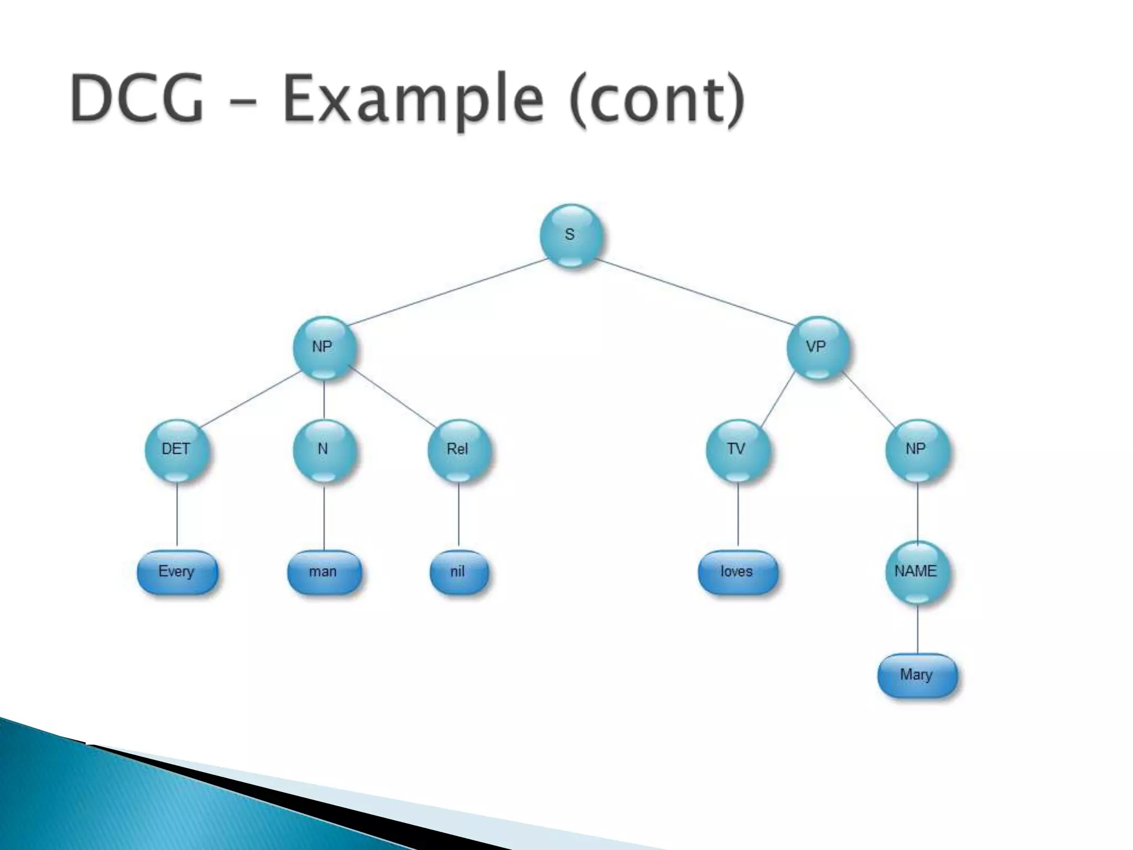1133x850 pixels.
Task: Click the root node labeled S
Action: pyautogui.click(x=571, y=236)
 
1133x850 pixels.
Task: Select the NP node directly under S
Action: pyautogui.click(x=323, y=348)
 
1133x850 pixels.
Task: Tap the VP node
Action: pyautogui.click(x=817, y=348)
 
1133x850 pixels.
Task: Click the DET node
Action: pyautogui.click(x=176, y=450)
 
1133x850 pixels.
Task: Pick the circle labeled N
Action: pyautogui.click(x=324, y=450)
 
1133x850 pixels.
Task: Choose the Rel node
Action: pyautogui.click(x=458, y=450)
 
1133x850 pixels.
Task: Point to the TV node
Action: pyautogui.click(x=737, y=450)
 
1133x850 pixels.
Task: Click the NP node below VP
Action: pyautogui.click(x=917, y=450)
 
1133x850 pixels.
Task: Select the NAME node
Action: pyautogui.click(x=917, y=572)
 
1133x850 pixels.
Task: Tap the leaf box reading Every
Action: pyautogui.click(x=177, y=572)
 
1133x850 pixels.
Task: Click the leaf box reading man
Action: pyautogui.click(x=324, y=572)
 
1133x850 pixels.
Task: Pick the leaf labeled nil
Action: pyautogui.click(x=459, y=572)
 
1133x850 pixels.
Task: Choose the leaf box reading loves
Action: pyautogui.click(x=737, y=572)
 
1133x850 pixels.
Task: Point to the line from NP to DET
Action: pyautogui.click(x=250, y=400)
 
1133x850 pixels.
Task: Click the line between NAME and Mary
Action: pyautogui.click(x=917, y=629)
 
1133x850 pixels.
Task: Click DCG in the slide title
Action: pyautogui.click(x=137, y=100)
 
